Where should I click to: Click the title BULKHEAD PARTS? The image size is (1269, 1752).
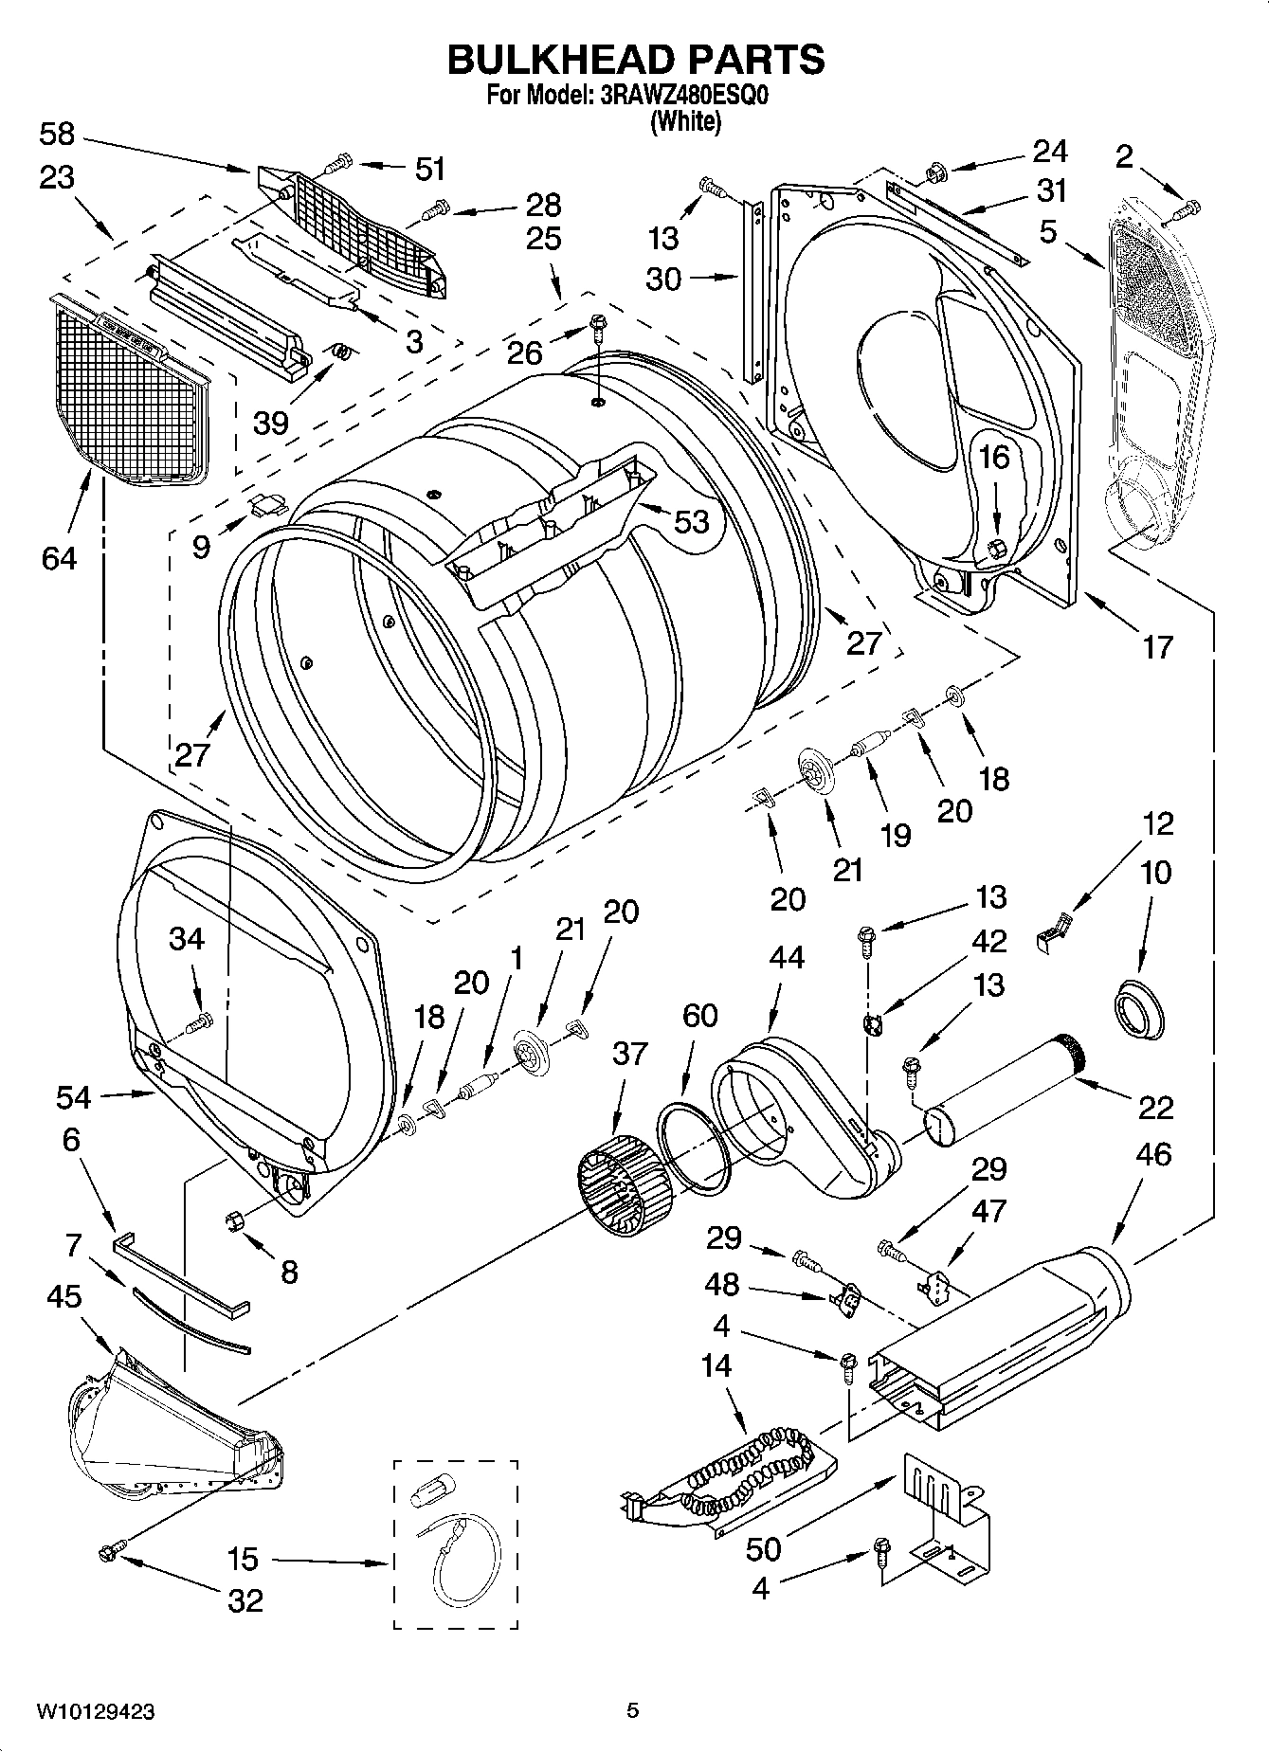point(635,59)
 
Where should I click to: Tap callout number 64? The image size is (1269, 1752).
point(59,558)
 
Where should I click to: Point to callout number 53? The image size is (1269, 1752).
point(691,520)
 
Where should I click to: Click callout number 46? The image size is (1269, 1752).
point(1151,1154)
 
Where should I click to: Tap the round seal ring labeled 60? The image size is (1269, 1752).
point(697,1146)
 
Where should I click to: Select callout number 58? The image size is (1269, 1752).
point(57,135)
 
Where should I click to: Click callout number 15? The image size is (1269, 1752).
point(244,1560)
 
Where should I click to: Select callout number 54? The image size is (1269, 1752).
point(73,1097)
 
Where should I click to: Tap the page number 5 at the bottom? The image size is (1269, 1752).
point(633,1710)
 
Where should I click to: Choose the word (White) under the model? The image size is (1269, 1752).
point(685,122)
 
